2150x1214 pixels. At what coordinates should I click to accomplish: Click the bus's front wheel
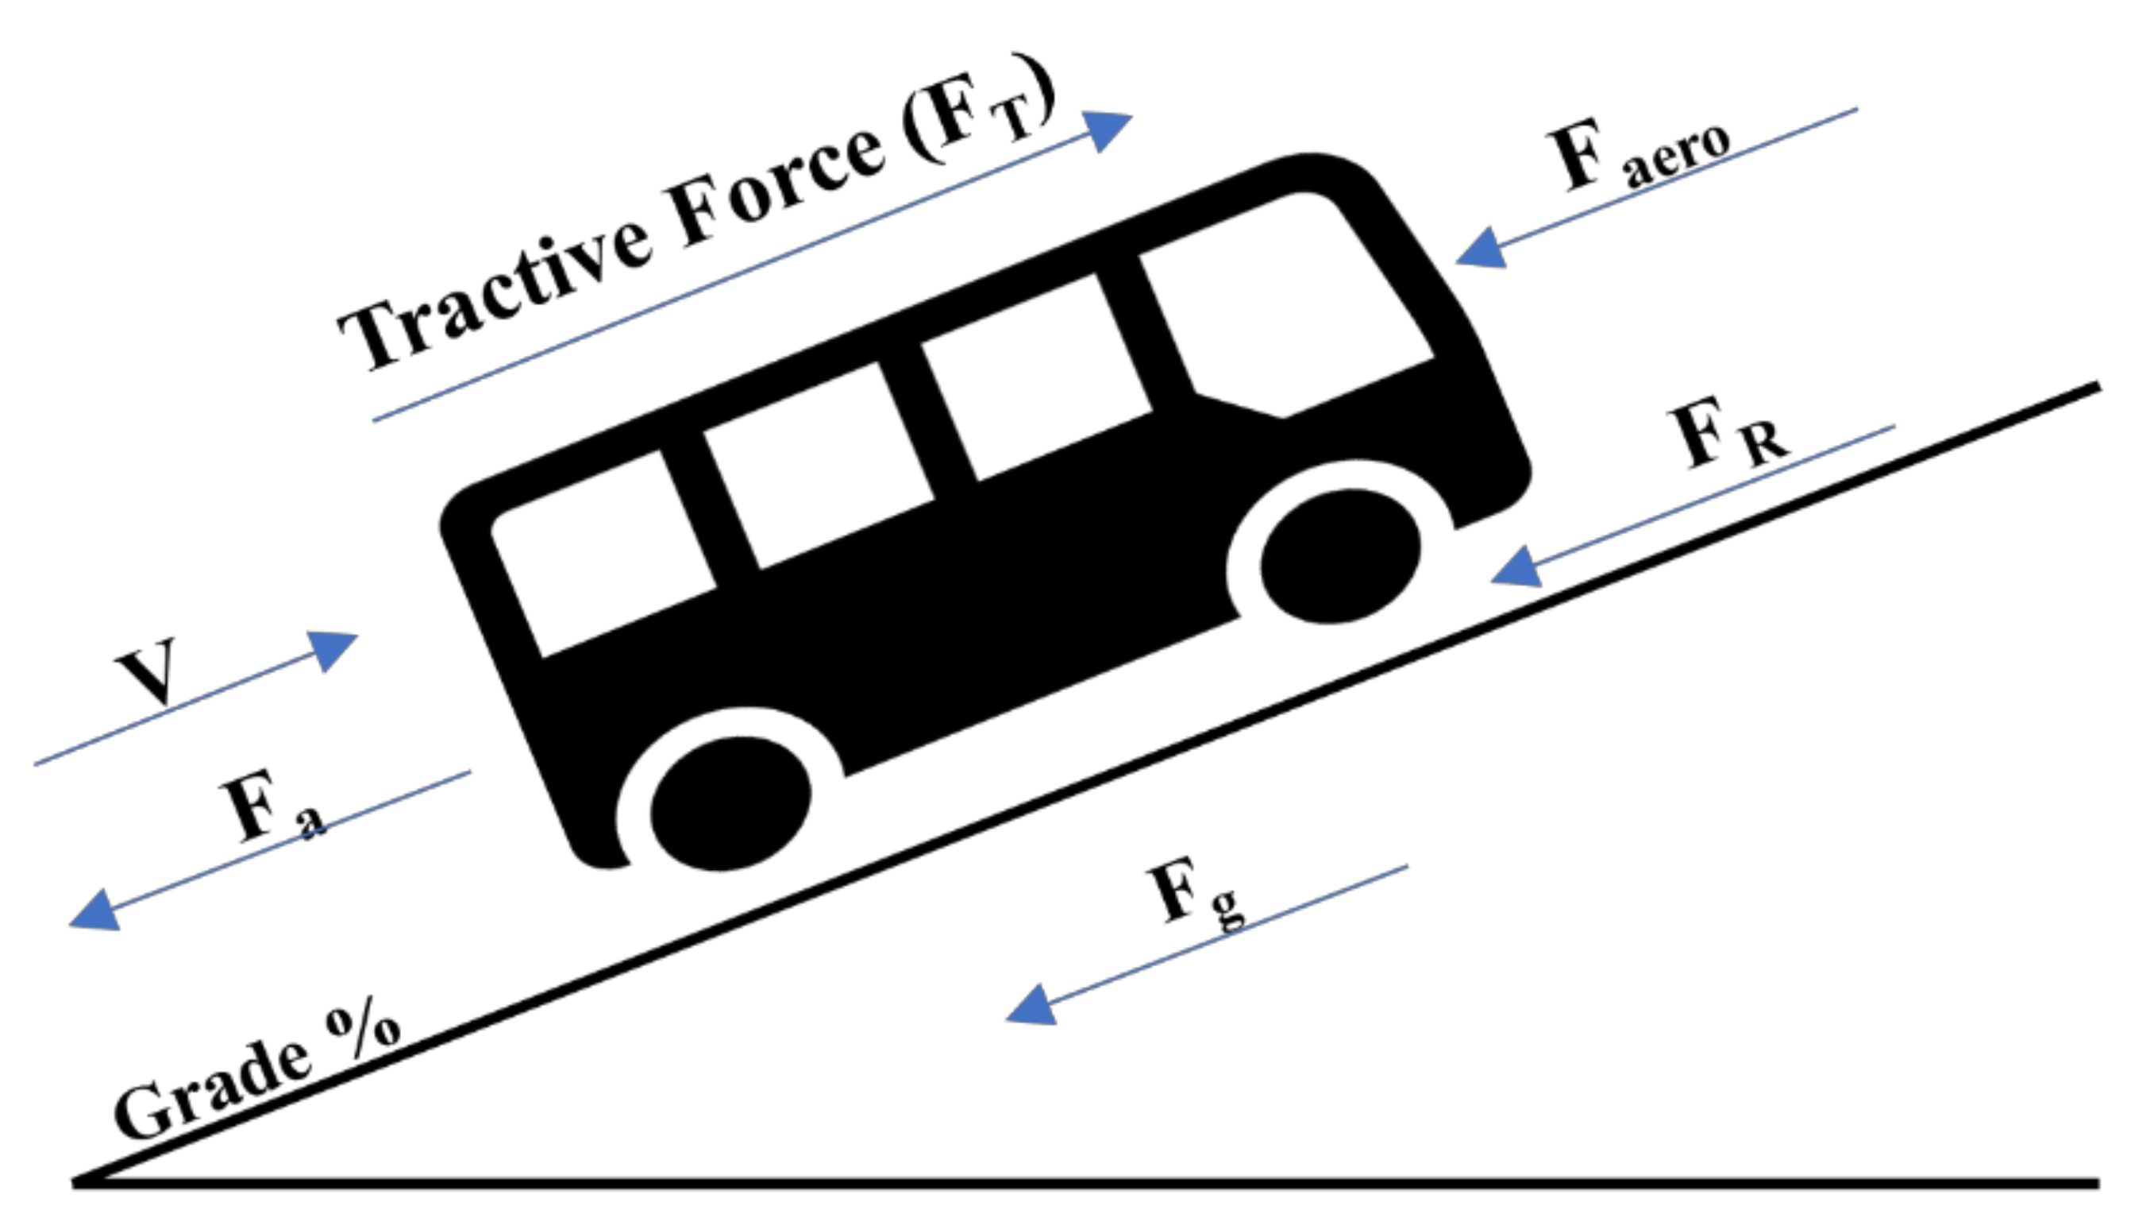tap(1340, 556)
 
